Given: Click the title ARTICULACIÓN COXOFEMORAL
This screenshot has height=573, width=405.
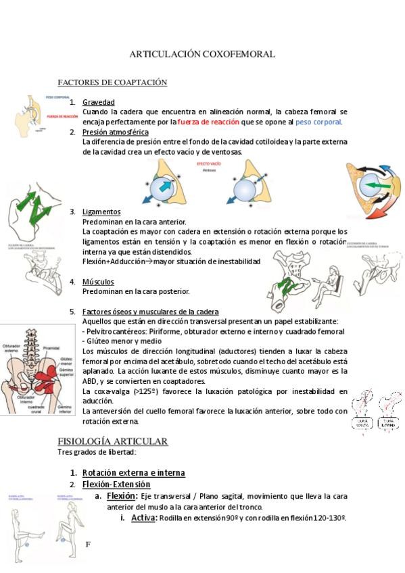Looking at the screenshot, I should coord(202,54).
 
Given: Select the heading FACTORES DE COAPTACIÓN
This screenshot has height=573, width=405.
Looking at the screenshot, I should coord(112,82).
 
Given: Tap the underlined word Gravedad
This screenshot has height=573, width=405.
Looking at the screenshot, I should coord(99,102).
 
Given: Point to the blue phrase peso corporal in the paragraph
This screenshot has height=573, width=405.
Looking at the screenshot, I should coord(318,122).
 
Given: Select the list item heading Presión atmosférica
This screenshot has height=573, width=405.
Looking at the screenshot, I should coord(115,132).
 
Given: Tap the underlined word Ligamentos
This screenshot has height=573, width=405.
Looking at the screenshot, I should coord(101,211).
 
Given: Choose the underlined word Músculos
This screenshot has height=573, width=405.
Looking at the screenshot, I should coord(98,281).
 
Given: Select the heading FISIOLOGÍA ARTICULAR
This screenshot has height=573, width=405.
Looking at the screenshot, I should coord(112,441).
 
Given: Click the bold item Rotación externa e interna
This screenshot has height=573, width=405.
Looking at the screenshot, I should coord(133,473).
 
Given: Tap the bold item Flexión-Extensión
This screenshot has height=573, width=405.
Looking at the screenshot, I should coord(116,484).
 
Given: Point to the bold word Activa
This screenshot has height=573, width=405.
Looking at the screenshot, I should coord(143,518).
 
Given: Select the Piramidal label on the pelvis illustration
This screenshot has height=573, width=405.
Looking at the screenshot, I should coord(52,349).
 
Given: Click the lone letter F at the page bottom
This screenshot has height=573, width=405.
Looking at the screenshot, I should coord(88,544).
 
